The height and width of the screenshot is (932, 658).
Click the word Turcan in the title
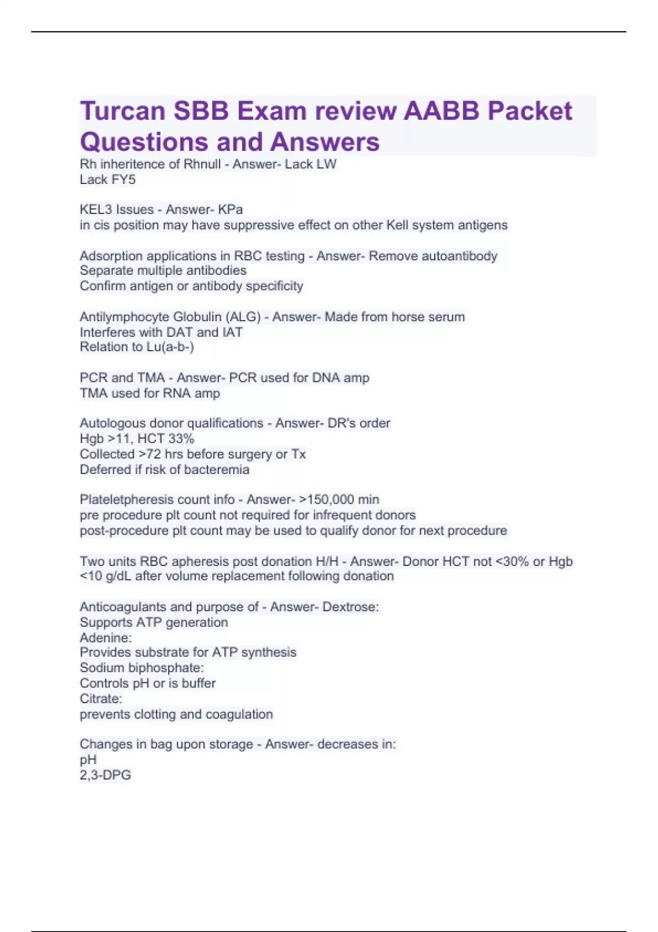[122, 111]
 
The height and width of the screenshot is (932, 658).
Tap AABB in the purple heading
[441, 111]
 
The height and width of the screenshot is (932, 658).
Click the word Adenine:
[106, 638]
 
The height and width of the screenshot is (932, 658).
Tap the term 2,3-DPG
[105, 775]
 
